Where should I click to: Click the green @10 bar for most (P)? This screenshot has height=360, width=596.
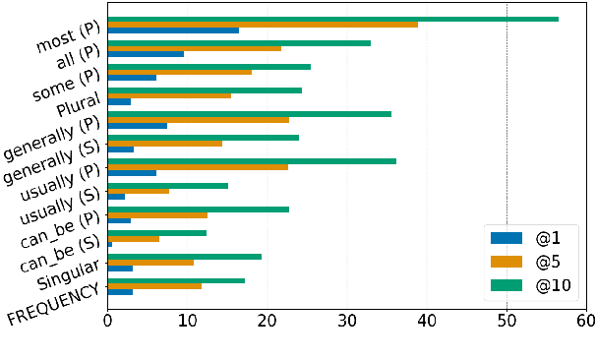click(332, 19)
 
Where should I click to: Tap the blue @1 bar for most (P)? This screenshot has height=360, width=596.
click(173, 30)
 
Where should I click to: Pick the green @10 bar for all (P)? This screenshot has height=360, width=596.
click(239, 42)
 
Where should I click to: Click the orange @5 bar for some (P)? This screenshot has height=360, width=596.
click(179, 72)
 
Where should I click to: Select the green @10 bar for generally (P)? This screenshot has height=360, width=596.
click(249, 114)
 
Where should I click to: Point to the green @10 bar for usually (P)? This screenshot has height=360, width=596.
click(252, 161)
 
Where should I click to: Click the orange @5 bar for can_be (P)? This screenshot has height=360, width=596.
click(157, 214)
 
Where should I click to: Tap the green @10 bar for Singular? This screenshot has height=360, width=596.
click(184, 256)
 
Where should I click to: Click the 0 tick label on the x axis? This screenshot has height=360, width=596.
click(107, 320)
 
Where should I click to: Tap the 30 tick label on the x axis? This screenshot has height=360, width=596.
click(347, 320)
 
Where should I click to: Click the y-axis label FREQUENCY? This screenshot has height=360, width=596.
click(54, 306)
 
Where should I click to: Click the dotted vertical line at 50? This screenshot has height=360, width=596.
click(507, 148)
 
